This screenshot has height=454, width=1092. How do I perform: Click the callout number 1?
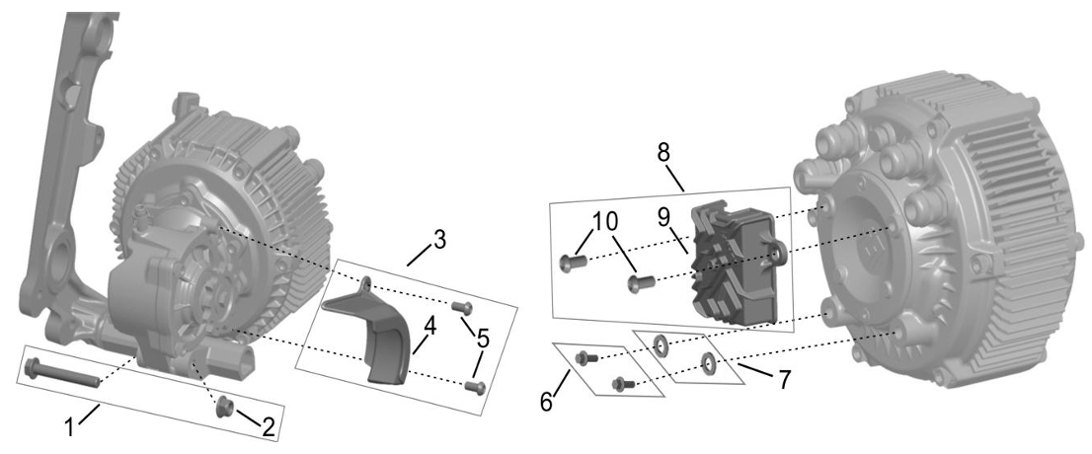tap(70, 426)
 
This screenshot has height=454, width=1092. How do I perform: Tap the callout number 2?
tap(269, 427)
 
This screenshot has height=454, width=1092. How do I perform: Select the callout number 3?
tap(438, 240)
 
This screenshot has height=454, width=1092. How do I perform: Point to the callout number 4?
tap(431, 326)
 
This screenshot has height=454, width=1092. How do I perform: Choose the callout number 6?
tap(546, 401)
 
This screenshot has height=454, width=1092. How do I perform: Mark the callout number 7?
tap(785, 380)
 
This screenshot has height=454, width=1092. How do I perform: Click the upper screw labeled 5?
tap(462, 306)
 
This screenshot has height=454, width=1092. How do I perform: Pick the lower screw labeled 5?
tap(475, 384)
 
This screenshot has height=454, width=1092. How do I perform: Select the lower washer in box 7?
tap(708, 362)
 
